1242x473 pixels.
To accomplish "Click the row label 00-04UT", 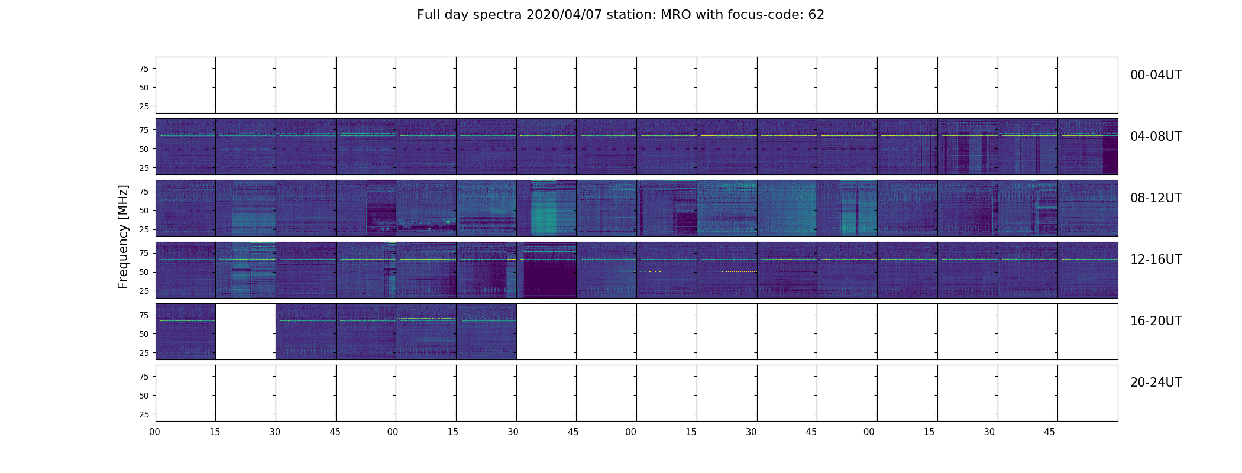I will pos(1156,75).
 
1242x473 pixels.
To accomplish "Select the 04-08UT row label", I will pos(1156,137).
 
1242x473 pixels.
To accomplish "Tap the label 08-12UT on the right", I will pos(1156,198).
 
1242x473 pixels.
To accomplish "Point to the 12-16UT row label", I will pos(1156,260).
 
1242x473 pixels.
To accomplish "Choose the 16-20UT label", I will pos(1156,321).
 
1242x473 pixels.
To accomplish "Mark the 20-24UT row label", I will pos(1156,383).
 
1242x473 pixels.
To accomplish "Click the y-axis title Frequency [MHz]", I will pos(123,237).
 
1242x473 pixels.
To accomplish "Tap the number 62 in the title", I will pos(816,15).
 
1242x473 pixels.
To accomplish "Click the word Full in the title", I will pos(428,15).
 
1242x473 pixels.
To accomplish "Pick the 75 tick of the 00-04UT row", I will pos(143,69).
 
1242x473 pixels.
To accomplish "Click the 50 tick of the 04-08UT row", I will pos(143,149).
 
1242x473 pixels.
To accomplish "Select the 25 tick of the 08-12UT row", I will pos(143,229).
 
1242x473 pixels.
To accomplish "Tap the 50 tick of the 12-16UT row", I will pos(143,272).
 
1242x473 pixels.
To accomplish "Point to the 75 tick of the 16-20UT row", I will pos(143,315).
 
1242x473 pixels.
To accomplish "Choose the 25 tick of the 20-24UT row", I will pos(143,414).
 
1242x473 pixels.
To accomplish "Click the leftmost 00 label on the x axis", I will pos(155,432).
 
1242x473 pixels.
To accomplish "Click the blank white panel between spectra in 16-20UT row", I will pos(245,332).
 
